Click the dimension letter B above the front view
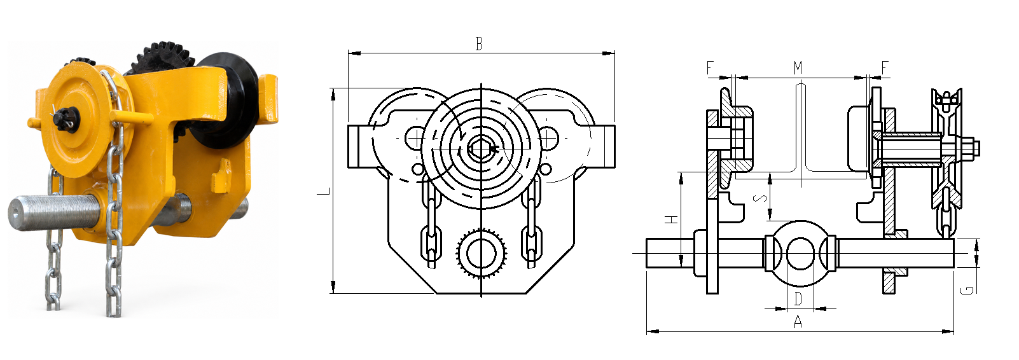pos(478,44)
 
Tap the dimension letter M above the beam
pos(798,68)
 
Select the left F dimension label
pos(710,68)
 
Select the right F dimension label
pos(885,68)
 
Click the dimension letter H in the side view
pos(672,219)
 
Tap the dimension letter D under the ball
pos(798,299)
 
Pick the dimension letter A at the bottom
pos(798,322)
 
